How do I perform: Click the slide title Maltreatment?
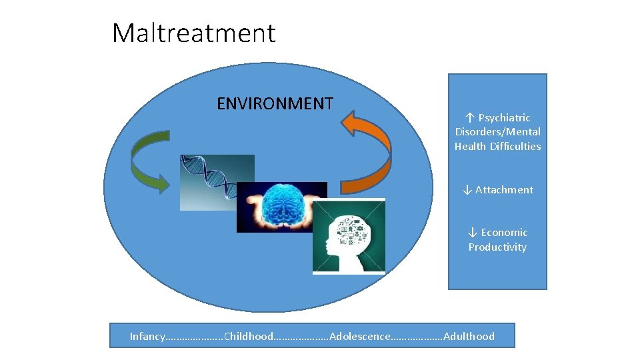click(x=193, y=33)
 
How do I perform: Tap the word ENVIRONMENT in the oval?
click(x=275, y=103)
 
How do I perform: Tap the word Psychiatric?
click(x=504, y=117)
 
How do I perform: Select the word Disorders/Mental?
click(x=497, y=132)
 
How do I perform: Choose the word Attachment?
click(x=504, y=190)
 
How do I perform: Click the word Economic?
click(x=504, y=233)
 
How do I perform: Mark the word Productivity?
click(x=497, y=247)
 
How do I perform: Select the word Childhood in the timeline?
click(x=249, y=336)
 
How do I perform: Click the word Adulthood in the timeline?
click(x=469, y=336)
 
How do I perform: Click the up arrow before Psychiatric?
click(x=469, y=117)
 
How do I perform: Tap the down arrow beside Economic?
click(x=473, y=233)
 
